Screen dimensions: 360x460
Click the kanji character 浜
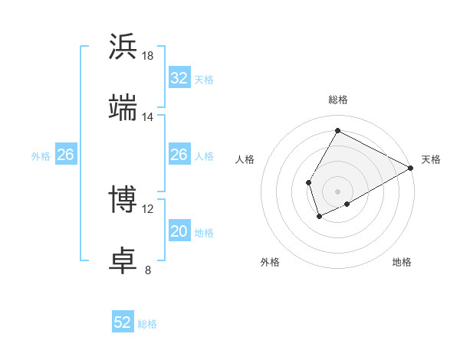point(123,46)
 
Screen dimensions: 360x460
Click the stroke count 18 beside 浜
point(148,56)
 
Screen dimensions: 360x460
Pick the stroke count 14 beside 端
point(148,117)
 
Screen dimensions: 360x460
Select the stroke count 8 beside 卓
point(148,270)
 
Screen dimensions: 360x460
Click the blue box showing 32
point(179,78)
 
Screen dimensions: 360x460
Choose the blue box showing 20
point(179,231)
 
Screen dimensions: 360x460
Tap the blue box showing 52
point(123,322)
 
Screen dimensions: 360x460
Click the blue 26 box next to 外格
point(65,155)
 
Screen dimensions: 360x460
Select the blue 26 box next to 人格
point(179,155)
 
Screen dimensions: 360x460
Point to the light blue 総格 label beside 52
point(147,324)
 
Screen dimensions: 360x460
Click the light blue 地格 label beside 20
point(204,233)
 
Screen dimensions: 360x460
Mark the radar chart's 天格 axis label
point(431,159)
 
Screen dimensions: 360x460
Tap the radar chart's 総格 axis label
point(337,100)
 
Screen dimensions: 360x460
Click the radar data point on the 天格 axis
point(411,168)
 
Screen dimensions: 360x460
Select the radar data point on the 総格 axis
point(337,131)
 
